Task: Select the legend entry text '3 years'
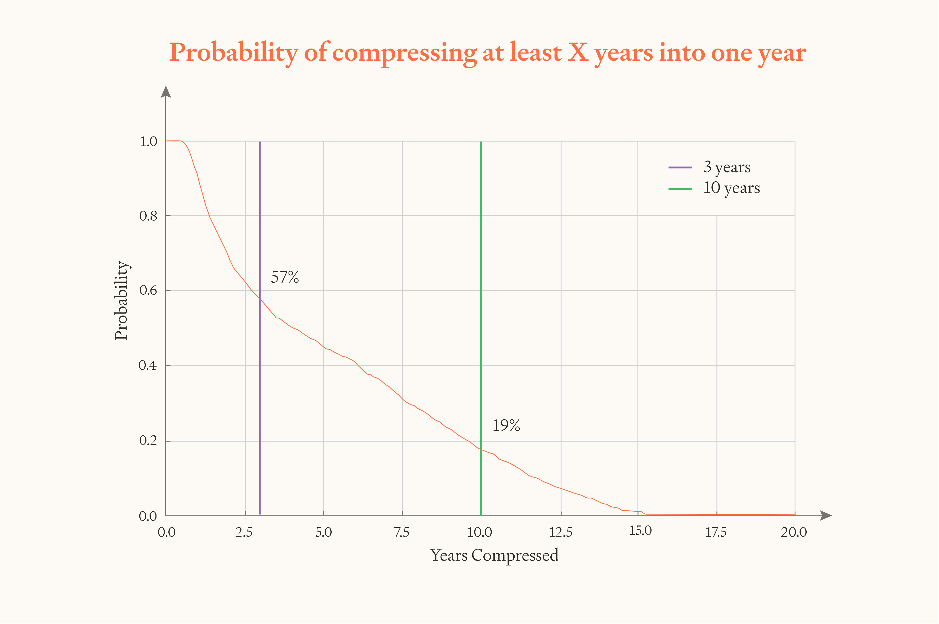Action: [727, 167]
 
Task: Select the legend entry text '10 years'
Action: [731, 188]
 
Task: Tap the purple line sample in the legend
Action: [680, 167]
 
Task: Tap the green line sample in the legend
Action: [680, 189]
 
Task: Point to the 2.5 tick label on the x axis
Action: [244, 532]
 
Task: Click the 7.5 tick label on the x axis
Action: [401, 532]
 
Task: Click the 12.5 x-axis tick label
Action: [560, 532]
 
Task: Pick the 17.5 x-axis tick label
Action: [716, 532]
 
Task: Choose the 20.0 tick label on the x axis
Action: [794, 532]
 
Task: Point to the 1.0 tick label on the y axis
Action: [148, 142]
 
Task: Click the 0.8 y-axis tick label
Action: [148, 216]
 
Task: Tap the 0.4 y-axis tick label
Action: [148, 365]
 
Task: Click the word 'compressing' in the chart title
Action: [404, 53]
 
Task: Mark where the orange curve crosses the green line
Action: [481, 449]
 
